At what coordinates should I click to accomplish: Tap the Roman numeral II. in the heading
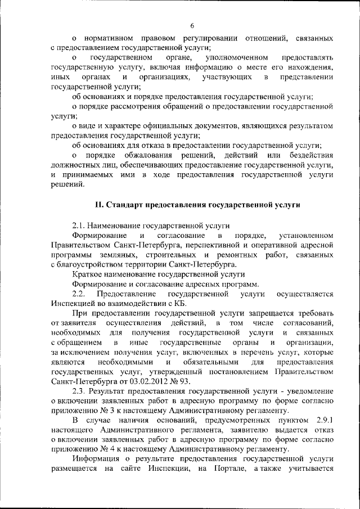97,205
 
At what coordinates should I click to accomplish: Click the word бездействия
308,155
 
